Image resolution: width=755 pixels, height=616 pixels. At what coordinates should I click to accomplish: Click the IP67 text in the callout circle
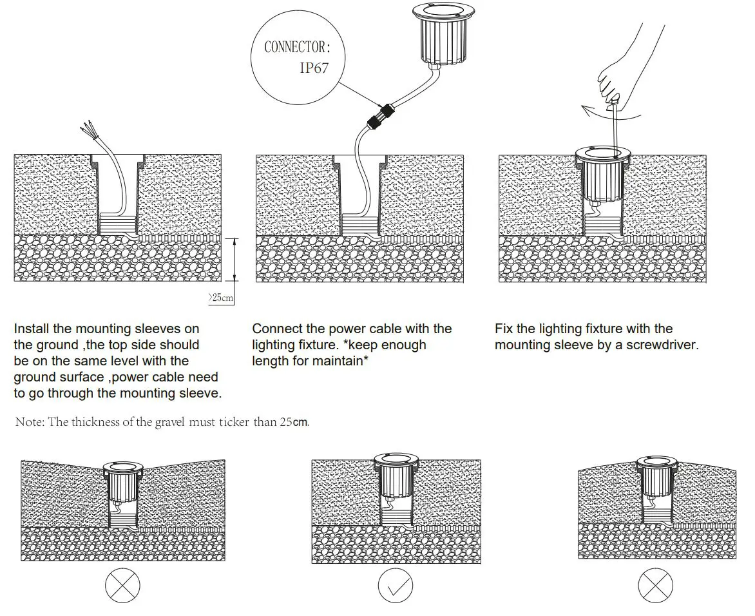pos(314,68)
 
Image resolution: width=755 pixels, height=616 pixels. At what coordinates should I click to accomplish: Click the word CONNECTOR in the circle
pos(297,47)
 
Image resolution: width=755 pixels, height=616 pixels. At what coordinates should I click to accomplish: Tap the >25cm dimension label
pos(220,298)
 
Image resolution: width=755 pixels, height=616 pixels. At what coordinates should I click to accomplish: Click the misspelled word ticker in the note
pos(238,423)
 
